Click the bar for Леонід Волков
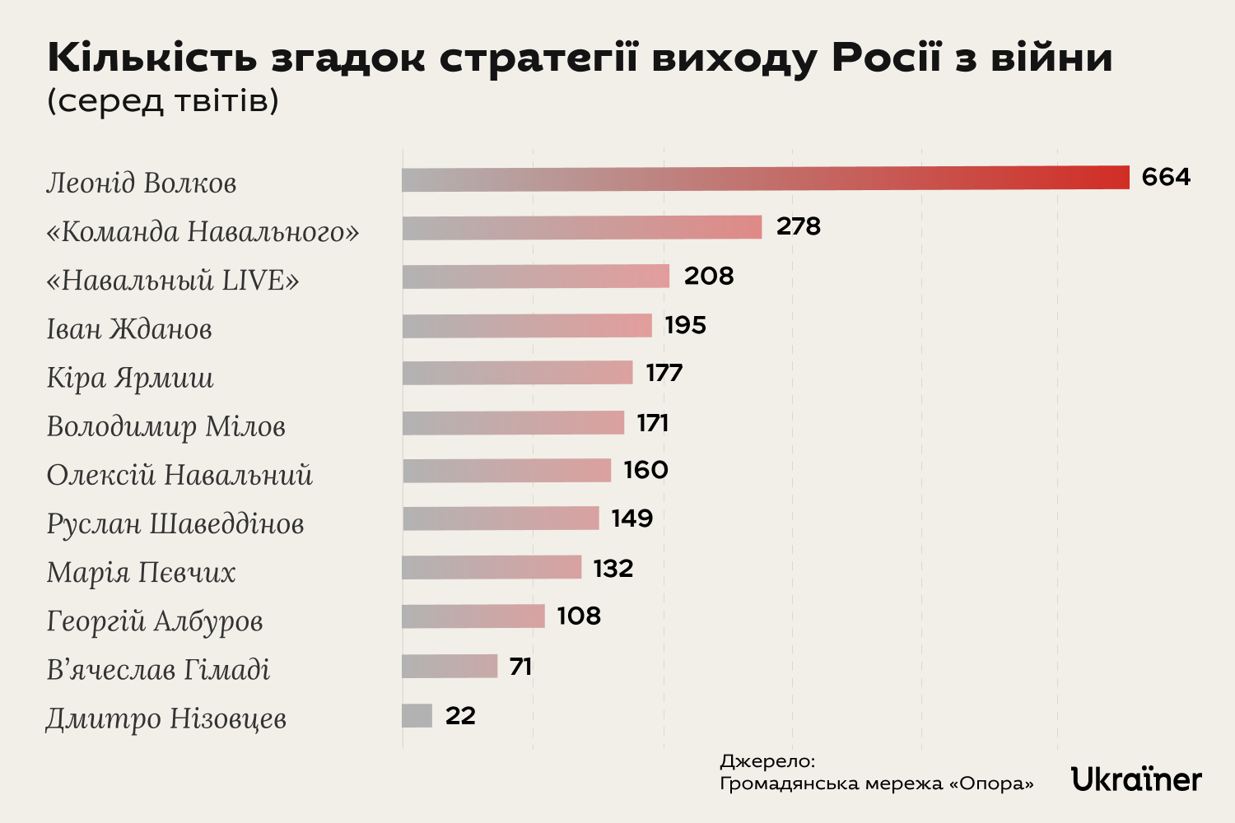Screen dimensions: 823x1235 pos(766,179)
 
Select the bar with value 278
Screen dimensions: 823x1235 pos(582,227)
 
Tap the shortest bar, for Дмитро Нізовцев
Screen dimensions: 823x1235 pos(417,715)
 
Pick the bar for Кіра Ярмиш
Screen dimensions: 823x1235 pos(517,373)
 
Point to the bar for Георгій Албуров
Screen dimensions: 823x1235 pos(473,616)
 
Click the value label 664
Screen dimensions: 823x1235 pos(1166,177)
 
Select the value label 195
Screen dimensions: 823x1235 pos(686,325)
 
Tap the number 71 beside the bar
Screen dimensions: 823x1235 pos(520,666)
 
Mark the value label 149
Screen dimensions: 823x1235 pos(632,518)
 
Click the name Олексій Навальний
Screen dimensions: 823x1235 pos(179,475)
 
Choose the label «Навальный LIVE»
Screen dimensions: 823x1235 pos(173,280)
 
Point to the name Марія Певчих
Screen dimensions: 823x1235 pos(141,572)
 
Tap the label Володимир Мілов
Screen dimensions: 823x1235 pos(165,426)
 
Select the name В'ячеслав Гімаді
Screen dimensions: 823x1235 pos(158,670)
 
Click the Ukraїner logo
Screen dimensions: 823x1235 pos(1136,779)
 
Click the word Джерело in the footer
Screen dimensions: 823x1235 pos(766,761)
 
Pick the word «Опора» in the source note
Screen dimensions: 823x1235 pos(991,783)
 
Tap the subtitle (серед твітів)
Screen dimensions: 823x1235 pos(163,100)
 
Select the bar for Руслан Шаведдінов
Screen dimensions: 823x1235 pos(501,518)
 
